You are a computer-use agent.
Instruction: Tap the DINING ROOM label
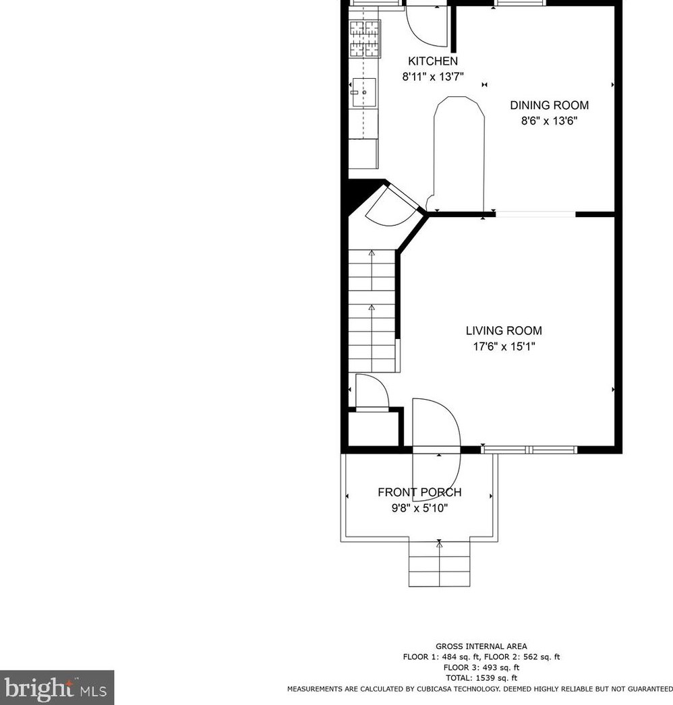click(549, 105)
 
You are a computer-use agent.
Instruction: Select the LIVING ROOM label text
click(504, 331)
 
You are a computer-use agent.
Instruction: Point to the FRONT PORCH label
click(419, 493)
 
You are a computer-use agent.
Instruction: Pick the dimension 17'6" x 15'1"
click(504, 347)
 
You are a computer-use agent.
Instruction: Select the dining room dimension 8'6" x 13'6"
click(549, 121)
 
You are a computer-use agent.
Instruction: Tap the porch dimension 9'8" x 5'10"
click(419, 508)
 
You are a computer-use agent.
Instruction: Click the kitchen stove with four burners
click(364, 38)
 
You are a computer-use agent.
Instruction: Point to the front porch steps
click(439, 563)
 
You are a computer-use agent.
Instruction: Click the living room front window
click(529, 449)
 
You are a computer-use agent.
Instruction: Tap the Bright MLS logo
click(57, 687)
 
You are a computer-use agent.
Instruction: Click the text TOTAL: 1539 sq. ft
click(481, 678)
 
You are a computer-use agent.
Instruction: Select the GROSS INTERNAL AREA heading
click(481, 646)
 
